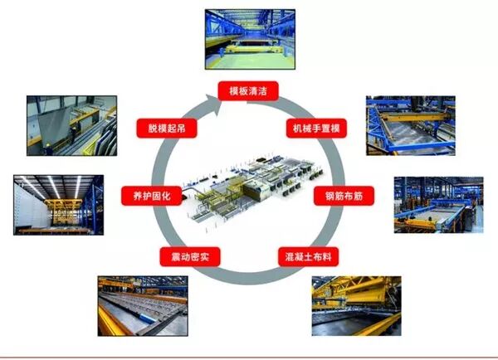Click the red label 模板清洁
[x=247, y=90]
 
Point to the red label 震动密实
[x=189, y=255]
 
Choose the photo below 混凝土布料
[x=354, y=306]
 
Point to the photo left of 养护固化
[x=58, y=204]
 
